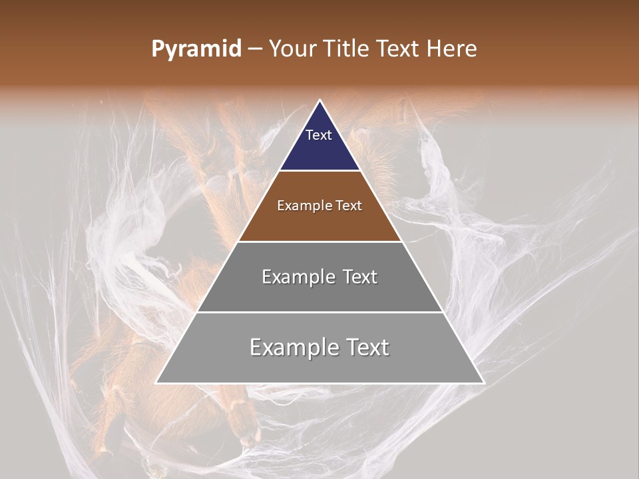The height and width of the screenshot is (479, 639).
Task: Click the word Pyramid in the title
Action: tap(196, 49)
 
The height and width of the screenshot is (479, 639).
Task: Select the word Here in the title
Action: tap(452, 49)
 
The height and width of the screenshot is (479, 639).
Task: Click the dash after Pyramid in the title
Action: tap(254, 49)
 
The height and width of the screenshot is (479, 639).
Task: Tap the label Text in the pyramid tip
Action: tap(319, 135)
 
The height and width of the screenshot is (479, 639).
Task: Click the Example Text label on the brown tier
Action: tap(319, 206)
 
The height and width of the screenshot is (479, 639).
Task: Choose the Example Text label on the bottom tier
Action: tap(319, 347)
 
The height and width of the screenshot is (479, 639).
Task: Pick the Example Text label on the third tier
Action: tap(319, 277)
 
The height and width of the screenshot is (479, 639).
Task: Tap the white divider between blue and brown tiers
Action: tap(319, 171)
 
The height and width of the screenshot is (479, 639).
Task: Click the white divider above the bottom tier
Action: tap(319, 312)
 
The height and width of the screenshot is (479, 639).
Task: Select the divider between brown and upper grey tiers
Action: tap(319, 241)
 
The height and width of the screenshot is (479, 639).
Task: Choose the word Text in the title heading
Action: tap(399, 49)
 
